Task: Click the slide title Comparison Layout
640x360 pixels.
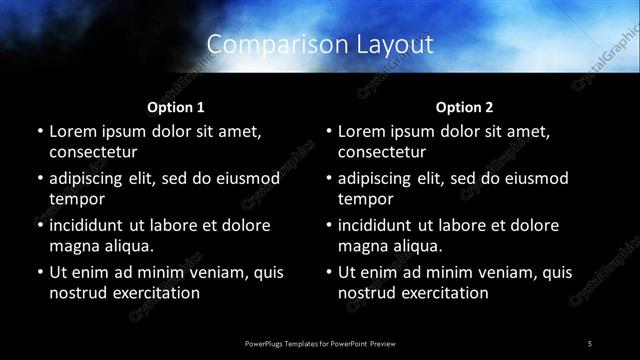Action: (320, 45)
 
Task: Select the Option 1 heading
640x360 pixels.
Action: (176, 107)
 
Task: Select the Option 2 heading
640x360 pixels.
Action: (464, 107)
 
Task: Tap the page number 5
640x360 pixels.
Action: (590, 343)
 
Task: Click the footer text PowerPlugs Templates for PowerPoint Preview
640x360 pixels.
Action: (320, 343)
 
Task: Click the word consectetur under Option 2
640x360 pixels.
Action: (382, 152)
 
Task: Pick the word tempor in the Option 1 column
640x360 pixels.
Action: (75, 199)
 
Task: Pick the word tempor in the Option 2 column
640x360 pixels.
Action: (364, 199)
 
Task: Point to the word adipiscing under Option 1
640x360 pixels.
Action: (89, 179)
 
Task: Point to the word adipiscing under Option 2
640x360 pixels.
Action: (378, 179)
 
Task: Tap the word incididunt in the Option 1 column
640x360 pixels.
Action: (91, 226)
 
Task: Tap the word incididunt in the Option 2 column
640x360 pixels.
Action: (380, 226)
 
